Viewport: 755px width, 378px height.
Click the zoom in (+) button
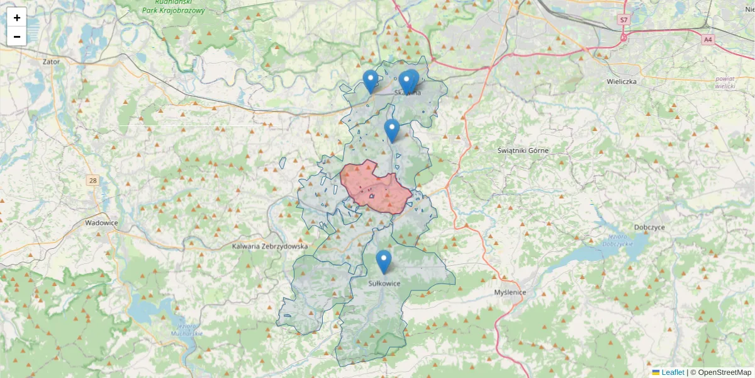click(17, 18)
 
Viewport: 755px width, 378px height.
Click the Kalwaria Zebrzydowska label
click(269, 246)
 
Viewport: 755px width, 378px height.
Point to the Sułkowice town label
click(384, 283)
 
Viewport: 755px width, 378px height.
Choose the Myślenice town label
click(510, 292)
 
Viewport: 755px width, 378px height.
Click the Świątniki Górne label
click(522, 151)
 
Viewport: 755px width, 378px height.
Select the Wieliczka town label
click(622, 82)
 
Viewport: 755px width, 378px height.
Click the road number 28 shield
click(93, 181)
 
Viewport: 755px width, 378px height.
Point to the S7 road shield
click(624, 20)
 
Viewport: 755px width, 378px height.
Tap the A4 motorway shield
click(708, 40)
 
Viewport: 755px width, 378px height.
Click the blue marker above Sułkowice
click(383, 261)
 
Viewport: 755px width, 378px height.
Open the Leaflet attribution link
click(672, 372)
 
